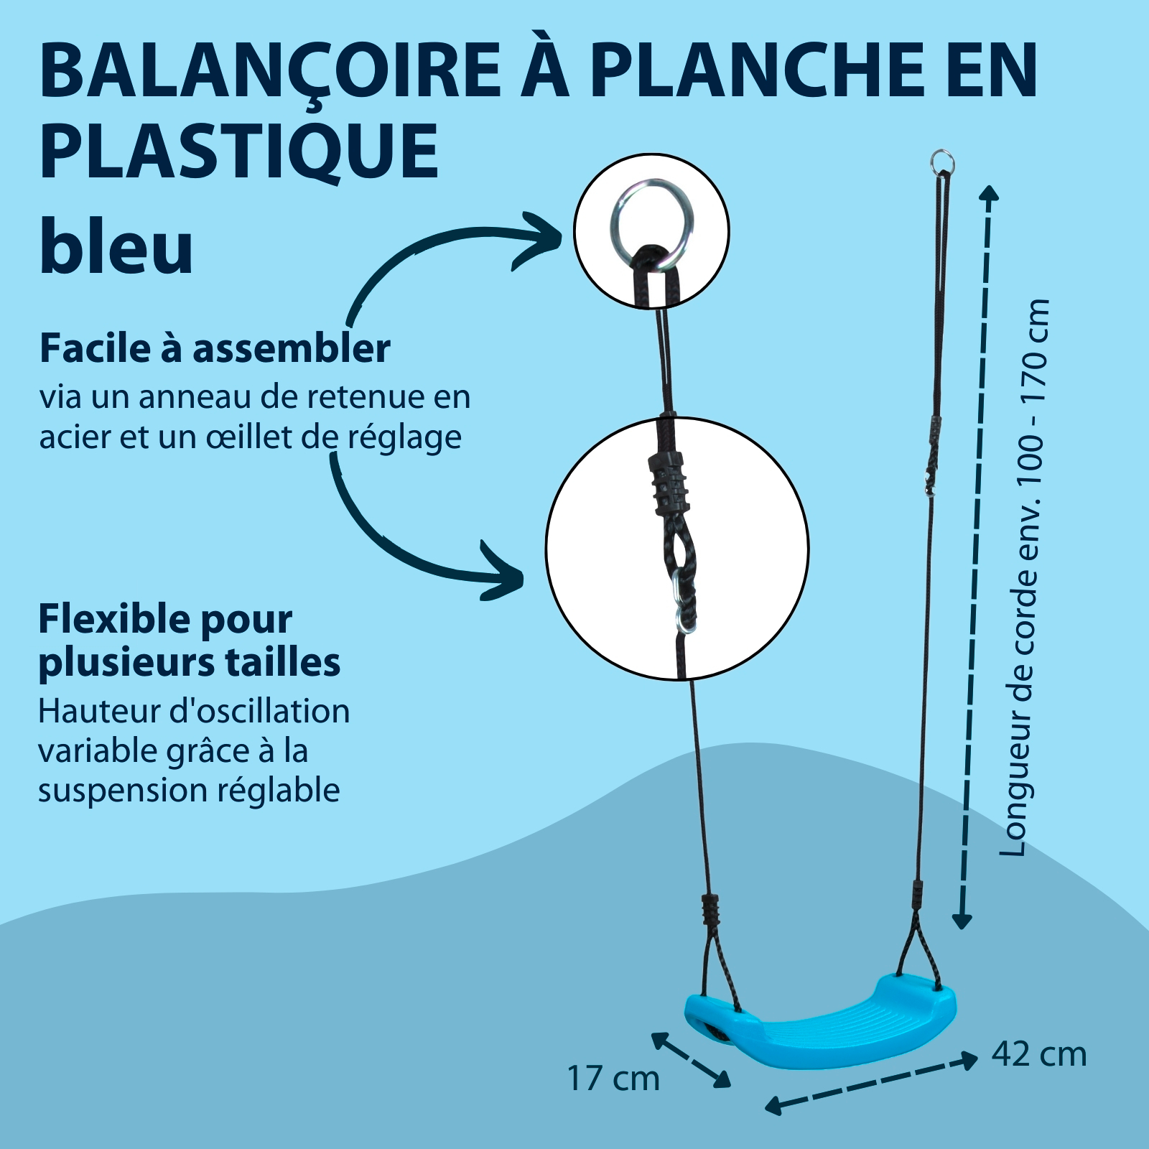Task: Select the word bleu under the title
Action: pos(116,246)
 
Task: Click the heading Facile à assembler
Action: pos(215,348)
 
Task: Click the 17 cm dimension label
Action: pos(613,1079)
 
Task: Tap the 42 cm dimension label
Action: pos(1039,1054)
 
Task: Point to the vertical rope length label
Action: pos(1025,577)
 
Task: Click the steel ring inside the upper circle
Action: pos(651,218)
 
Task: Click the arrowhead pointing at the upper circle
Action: pos(540,240)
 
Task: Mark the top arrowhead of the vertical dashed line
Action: pos(989,192)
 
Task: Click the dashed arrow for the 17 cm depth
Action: pos(691,1059)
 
